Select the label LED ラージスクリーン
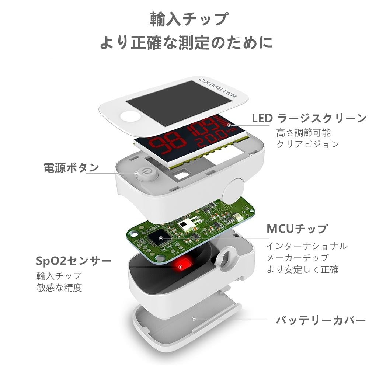pos(309,118)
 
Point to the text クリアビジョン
pos(307,144)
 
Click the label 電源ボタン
pos(72,167)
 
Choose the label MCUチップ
pos(297,229)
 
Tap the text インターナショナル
pos(307,246)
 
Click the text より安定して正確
pos(302,269)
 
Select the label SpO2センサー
pos(74,261)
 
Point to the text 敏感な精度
pos(59,288)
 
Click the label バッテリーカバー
pos(321,320)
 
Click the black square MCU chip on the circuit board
pos(161,237)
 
